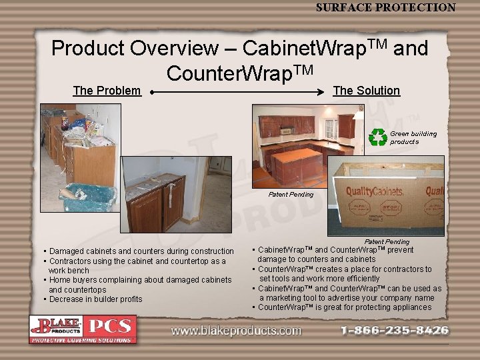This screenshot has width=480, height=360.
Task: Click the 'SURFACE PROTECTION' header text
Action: (385, 7)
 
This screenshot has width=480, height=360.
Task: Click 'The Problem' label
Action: (107, 91)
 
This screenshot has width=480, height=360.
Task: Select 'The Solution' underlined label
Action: (366, 91)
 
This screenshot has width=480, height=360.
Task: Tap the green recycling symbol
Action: (378, 137)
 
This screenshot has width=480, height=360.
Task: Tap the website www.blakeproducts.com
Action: (236, 331)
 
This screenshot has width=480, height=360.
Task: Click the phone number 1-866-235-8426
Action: (395, 330)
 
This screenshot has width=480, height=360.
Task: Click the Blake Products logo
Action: (56, 326)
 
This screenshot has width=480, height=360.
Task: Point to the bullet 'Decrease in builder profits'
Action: (94, 299)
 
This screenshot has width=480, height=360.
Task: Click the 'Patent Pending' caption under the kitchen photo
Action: (291, 195)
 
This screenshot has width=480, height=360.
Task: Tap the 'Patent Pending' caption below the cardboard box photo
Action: (387, 241)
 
